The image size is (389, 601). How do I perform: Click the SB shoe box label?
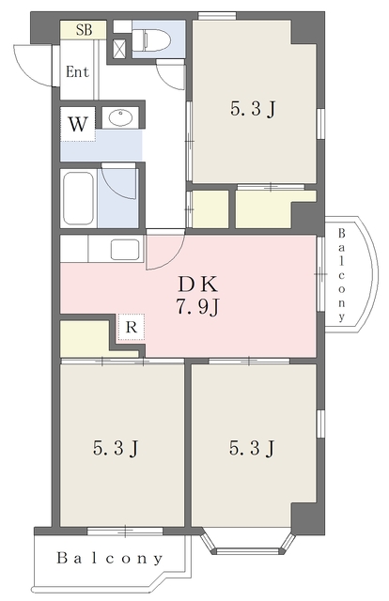pyautogui.click(x=84, y=30)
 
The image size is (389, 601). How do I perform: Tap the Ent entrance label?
pyautogui.click(x=77, y=71)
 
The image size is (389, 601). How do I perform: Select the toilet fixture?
pyautogui.click(x=150, y=40)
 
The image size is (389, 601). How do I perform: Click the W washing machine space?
pyautogui.click(x=77, y=124)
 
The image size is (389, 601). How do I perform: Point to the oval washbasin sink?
pyautogui.click(x=121, y=116)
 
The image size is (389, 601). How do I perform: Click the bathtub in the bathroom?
pyautogui.click(x=79, y=198)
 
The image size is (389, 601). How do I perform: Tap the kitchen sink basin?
pyautogui.click(x=125, y=250)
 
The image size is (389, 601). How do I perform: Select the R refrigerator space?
pyautogui.click(x=132, y=327)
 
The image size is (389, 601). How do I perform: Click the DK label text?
pyautogui.click(x=197, y=284)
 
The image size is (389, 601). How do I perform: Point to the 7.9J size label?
pyautogui.click(x=197, y=307)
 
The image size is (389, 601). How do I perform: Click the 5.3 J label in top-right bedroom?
pyautogui.click(x=253, y=109)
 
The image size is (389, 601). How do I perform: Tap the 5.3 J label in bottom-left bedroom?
pyautogui.click(x=116, y=448)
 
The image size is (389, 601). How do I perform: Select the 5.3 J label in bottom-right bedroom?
pyautogui.click(x=252, y=448)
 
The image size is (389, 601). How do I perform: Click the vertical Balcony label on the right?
pyautogui.click(x=341, y=275)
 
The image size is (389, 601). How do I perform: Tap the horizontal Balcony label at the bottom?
pyautogui.click(x=110, y=558)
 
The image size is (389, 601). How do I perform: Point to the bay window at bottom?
pyautogui.click(x=249, y=543)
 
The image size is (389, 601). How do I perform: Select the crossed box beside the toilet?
pyautogui.click(x=119, y=48)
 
